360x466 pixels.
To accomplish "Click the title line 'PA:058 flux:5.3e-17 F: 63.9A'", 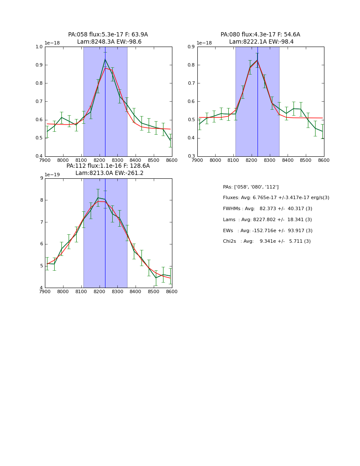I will pos(108,35).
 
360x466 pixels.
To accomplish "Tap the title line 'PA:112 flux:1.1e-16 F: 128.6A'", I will pos(108,166).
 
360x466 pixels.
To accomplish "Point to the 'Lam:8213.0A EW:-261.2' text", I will pos(109,173).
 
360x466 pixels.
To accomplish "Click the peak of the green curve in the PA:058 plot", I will pos(105,59).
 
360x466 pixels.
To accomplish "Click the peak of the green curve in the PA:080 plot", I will pos(257,60).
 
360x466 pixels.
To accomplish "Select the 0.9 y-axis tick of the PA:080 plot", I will pos(192,47).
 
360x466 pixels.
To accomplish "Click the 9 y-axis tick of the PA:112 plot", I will pos(42,178).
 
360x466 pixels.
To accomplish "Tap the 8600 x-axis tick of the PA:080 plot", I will pos(324,161).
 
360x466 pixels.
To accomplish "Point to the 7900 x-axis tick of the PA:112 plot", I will pos(45,292).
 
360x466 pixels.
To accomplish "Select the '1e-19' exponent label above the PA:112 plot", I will pos(53,175).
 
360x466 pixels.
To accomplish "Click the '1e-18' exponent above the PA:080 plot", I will pos(204,43).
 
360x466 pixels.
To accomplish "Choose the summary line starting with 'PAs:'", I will pos(251,187).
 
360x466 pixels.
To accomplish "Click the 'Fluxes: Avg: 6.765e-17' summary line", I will pos(276,198).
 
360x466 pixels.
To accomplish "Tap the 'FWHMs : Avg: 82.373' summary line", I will pos(267,209).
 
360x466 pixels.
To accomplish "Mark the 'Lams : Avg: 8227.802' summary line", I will pos(267,220).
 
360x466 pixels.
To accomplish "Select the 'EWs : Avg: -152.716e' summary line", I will pos(268,231).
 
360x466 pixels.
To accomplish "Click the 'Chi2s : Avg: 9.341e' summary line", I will pos(267,241).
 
